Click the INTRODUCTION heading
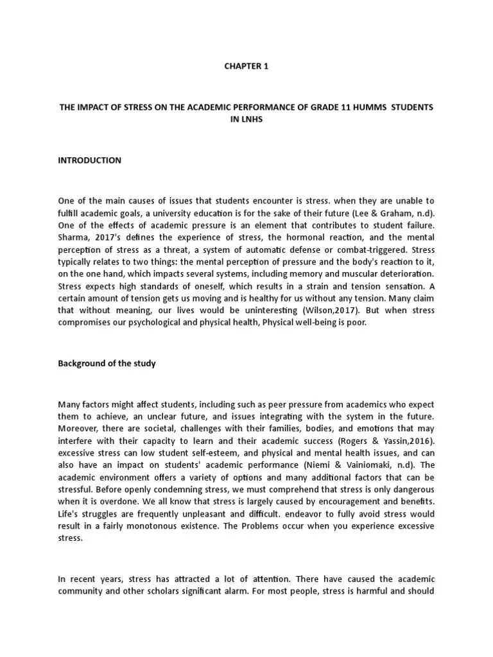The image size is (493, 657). click(89, 160)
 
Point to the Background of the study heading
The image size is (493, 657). click(107, 363)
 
